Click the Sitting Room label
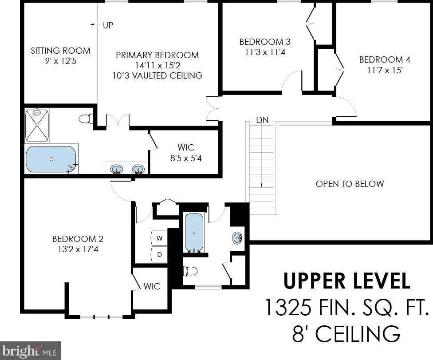click(60, 51)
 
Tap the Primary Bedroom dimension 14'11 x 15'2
click(157, 66)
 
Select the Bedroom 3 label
click(265, 42)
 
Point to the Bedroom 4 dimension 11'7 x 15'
click(385, 70)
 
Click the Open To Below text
click(350, 184)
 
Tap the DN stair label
click(262, 120)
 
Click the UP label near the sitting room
click(108, 25)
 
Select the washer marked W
click(159, 238)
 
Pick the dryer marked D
click(159, 254)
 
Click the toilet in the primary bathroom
click(86, 119)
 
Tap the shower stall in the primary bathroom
click(37, 126)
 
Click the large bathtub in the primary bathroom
click(51, 159)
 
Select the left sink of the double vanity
click(117, 169)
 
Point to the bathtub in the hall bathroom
click(194, 233)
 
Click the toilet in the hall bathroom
click(190, 271)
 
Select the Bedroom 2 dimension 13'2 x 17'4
click(78, 249)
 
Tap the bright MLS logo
click(30, 351)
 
